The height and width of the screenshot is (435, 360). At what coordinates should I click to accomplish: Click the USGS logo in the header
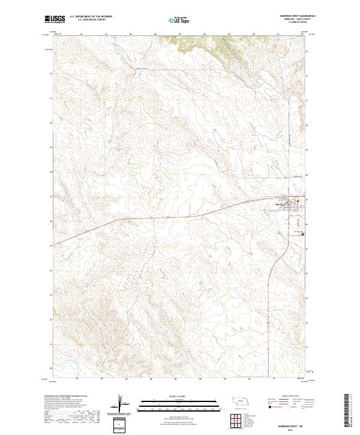point(52,20)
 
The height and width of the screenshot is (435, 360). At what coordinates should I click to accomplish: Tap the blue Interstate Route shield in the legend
point(265,406)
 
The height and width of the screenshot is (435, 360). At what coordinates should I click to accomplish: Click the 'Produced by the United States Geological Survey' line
point(65,396)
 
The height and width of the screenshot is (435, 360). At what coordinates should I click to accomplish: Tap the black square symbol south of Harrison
point(302,234)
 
